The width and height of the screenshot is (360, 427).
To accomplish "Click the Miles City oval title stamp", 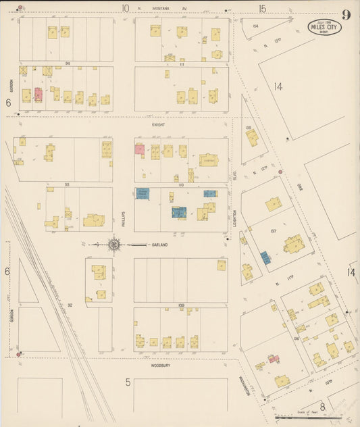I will (325, 27).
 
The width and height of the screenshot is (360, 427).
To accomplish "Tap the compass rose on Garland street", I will (113, 245).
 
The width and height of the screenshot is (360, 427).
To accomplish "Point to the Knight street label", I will (159, 125).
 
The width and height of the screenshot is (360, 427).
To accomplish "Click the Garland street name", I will (159, 245).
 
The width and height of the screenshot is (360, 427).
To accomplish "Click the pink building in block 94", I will (38, 95).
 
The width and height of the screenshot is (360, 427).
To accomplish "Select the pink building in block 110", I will (139, 149).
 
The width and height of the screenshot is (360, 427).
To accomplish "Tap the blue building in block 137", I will (265, 257).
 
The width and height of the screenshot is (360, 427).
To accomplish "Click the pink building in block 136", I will (274, 358).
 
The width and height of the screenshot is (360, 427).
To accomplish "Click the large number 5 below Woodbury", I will (128, 382).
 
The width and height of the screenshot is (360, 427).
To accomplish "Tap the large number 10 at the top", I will (125, 9).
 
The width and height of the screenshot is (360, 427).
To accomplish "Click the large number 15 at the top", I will (262, 9).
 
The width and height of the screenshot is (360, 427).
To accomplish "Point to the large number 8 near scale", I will (322, 406).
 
